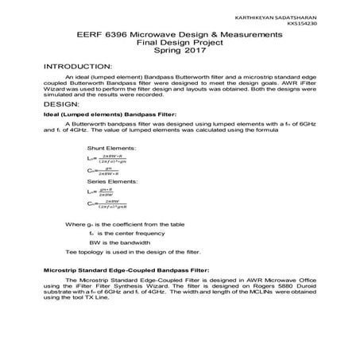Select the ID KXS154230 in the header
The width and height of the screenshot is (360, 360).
pos(327,24)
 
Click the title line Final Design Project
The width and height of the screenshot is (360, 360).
pos(179,44)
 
